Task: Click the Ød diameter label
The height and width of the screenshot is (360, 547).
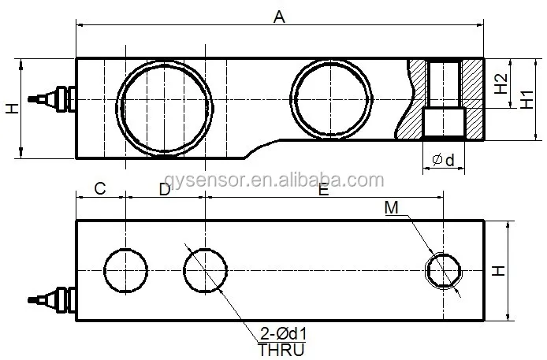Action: [x=443, y=161]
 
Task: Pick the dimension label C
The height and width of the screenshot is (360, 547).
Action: [x=100, y=189]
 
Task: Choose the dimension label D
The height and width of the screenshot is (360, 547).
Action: [x=164, y=189]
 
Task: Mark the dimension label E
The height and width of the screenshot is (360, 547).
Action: [x=323, y=189]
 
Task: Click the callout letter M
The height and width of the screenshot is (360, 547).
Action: [x=392, y=208]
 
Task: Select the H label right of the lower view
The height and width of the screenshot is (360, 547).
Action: [x=498, y=270]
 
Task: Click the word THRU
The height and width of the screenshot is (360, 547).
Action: [x=281, y=349]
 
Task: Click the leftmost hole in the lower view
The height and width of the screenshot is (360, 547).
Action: [x=125, y=270]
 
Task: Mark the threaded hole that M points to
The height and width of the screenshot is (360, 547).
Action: [x=444, y=270]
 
